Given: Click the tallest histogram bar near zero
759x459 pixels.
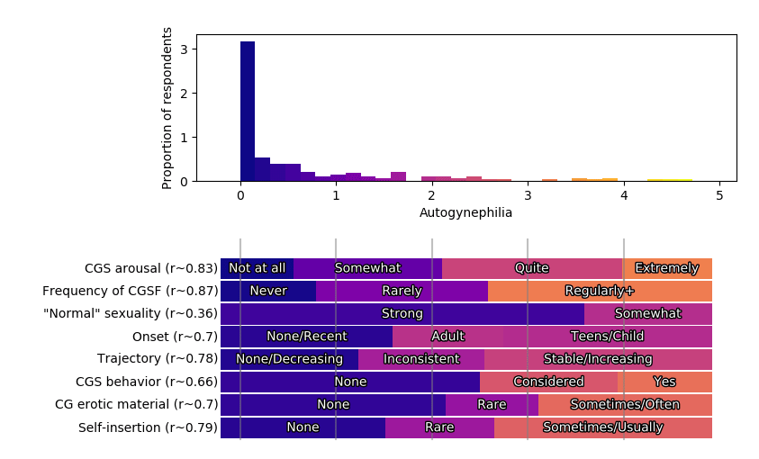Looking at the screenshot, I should [x=248, y=112].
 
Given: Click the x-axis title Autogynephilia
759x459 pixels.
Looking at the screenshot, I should [x=465, y=213].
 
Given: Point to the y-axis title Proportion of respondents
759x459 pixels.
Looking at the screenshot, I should [x=167, y=108].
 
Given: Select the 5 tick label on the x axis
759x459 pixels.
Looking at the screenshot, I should [x=719, y=195].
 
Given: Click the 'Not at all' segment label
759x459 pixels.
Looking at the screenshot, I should [x=257, y=268].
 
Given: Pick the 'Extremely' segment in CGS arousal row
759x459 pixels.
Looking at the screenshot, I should [x=666, y=268].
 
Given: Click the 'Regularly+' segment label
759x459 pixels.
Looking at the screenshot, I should [x=600, y=291].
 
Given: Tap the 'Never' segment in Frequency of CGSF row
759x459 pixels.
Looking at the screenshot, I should [x=268, y=291].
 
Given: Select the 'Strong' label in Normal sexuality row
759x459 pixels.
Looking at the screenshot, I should [x=402, y=314].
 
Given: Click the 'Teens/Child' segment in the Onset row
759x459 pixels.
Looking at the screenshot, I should [x=607, y=337].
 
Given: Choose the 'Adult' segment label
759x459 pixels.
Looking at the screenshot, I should [x=447, y=337].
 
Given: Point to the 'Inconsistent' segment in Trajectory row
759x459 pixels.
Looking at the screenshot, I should [x=421, y=359].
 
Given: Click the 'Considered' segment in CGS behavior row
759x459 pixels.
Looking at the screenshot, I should [x=548, y=382].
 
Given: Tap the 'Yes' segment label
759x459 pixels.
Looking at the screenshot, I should [x=664, y=382].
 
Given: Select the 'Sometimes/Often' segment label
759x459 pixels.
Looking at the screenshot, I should [x=625, y=405].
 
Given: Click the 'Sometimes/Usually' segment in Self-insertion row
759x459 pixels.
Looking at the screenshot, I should [x=602, y=427].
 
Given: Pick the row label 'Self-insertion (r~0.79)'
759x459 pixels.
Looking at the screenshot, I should [x=148, y=427].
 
